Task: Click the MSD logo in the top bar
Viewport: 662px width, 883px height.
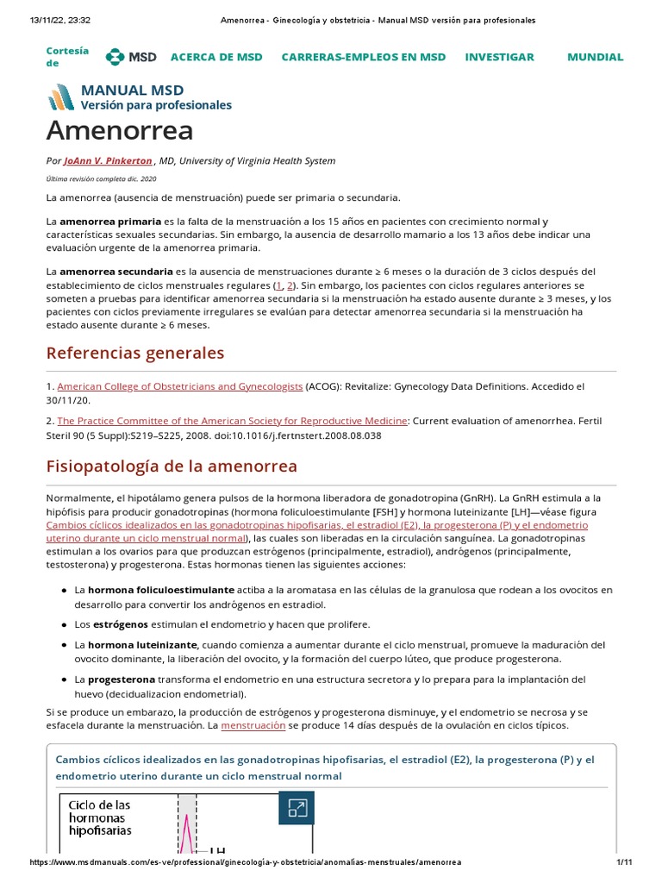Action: tap(131, 57)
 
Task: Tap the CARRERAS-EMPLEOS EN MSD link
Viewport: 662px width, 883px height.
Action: tap(363, 57)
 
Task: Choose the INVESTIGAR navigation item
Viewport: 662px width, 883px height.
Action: tap(499, 57)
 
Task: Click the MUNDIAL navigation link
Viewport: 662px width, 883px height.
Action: tap(595, 57)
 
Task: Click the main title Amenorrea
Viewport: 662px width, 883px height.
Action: tap(120, 130)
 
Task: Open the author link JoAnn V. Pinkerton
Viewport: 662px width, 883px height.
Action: tap(108, 160)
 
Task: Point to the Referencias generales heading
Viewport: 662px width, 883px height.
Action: tap(134, 354)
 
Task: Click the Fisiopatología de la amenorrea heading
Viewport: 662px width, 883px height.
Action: tap(172, 467)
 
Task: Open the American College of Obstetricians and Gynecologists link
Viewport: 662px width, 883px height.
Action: tap(179, 386)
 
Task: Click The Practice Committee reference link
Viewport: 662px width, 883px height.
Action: tap(232, 421)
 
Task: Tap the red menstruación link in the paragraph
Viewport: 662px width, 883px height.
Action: tap(253, 726)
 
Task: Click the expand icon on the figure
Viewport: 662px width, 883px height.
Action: tap(297, 808)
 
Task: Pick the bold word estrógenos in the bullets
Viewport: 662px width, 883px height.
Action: tap(120, 623)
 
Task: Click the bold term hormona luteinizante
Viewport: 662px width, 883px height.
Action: tap(143, 645)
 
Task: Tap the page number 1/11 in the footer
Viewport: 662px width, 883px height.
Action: tap(625, 862)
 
